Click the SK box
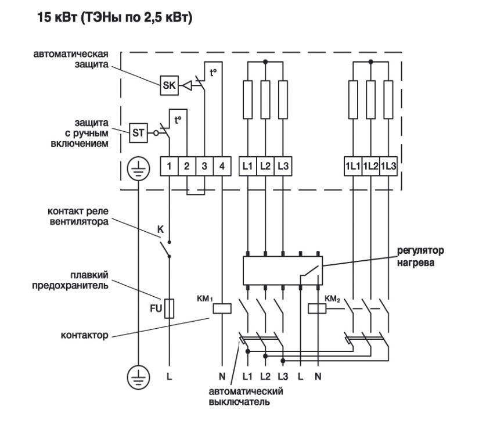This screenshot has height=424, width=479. coord(168,86)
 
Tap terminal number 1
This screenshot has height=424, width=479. coord(169,166)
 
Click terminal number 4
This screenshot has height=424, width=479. coord(222,166)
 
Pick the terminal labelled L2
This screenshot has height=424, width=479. coord(265,166)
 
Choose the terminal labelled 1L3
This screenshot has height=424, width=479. coord(389,166)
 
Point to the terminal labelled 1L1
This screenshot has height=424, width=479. coord(354,166)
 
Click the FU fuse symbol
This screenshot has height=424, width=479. coord(169,308)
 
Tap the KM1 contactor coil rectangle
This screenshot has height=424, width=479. coord(222,308)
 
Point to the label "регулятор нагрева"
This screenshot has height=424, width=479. coord(420,256)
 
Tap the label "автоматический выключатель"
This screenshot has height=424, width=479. coord(246,396)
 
